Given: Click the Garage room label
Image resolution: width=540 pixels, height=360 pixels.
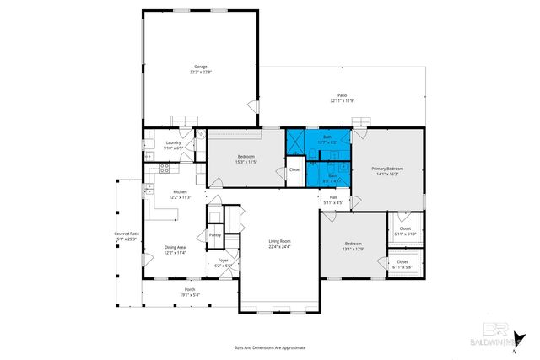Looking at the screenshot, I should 200,67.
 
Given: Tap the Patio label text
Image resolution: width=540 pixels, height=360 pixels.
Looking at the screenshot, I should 342,96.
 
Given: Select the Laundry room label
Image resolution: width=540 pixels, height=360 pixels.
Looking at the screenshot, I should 175,142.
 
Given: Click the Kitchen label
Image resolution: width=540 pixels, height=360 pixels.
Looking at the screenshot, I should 181,192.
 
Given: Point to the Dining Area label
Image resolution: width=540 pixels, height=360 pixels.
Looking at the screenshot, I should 175,247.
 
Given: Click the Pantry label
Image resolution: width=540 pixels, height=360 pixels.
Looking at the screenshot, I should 215,235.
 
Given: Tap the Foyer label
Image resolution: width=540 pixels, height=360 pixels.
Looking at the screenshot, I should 223,261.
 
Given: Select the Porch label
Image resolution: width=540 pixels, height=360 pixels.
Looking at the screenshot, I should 189,289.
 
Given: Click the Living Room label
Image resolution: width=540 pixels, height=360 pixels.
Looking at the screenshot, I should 279,242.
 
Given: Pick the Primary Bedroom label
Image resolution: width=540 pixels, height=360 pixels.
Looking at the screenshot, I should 388,169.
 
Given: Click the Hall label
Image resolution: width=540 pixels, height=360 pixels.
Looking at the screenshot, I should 333,198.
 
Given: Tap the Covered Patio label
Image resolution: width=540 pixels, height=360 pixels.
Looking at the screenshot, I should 127,234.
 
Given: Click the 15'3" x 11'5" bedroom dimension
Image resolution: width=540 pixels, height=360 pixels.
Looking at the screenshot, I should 246,161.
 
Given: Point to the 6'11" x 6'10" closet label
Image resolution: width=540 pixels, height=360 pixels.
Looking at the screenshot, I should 405,234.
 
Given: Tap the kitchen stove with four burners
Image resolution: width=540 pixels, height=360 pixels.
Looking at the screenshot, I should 165,167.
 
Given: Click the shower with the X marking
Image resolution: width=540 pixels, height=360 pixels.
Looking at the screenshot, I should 296,141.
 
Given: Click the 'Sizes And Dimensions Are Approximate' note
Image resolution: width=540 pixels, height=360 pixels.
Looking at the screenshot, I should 269,347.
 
